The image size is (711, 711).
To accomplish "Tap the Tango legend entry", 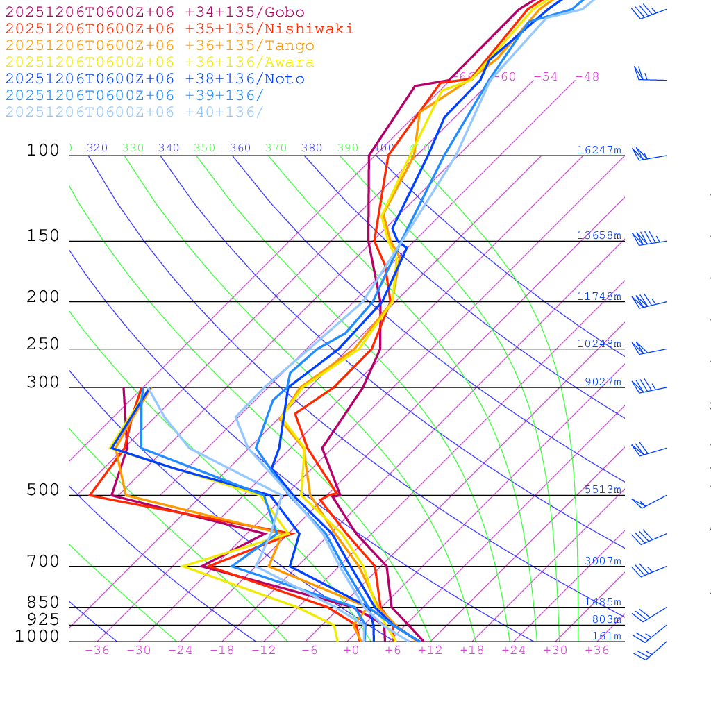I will [x=160, y=46].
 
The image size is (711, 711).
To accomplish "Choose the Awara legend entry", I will [x=160, y=62].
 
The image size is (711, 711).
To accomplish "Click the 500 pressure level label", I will [x=43, y=490].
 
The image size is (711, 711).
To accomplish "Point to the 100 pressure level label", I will [x=43, y=150].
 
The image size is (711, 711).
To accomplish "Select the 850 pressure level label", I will [x=43, y=602].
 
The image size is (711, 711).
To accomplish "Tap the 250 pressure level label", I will [x=43, y=344].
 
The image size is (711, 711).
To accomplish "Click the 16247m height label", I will [x=599, y=150].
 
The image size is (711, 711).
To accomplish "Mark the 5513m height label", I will [x=602, y=490].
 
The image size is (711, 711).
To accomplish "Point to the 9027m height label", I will [x=602, y=381].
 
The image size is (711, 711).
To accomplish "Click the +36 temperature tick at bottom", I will [x=597, y=650].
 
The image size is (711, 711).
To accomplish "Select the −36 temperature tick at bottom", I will [x=97, y=650].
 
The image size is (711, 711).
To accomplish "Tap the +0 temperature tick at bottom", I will [x=351, y=650].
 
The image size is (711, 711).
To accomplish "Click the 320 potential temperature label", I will [x=97, y=148].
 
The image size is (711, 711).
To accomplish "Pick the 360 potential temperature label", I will [x=240, y=148].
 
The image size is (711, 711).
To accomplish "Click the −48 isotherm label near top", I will [x=587, y=76].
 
